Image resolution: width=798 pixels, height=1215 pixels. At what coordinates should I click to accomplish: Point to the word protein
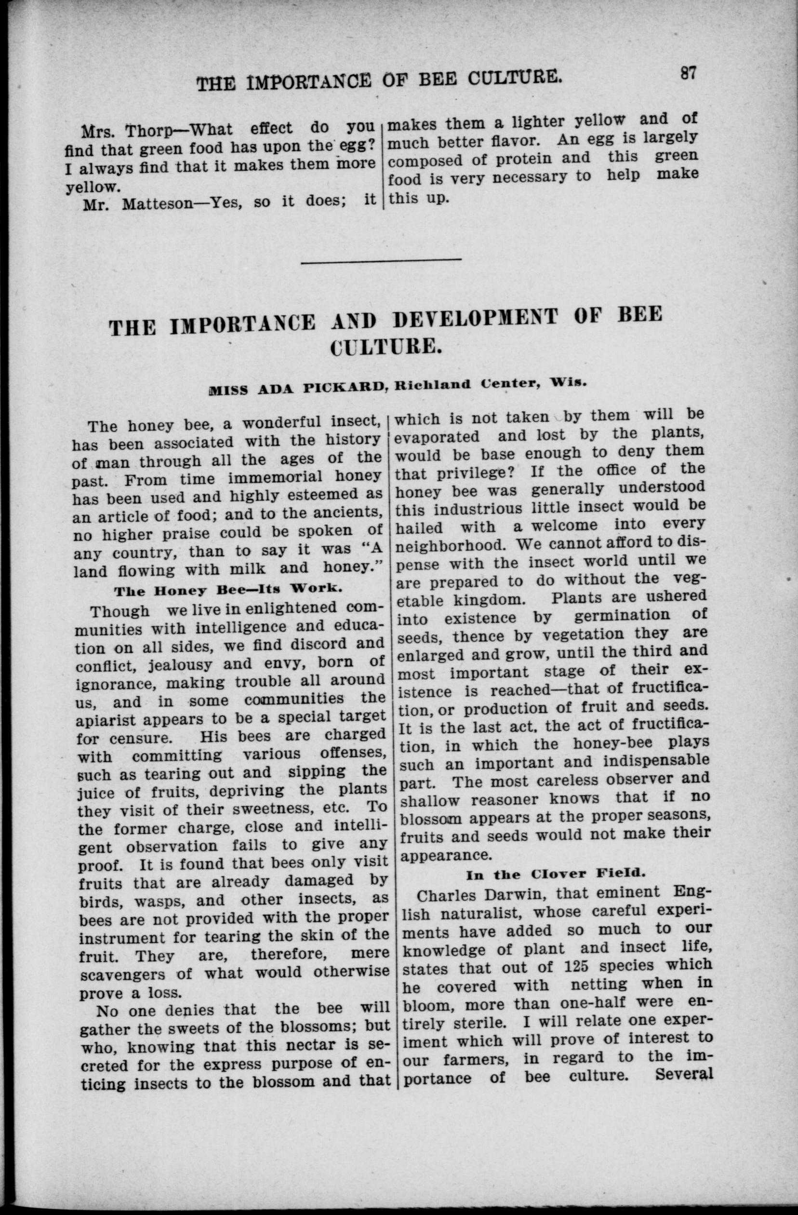[x=522, y=159]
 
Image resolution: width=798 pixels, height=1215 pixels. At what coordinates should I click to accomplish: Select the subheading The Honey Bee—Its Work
[x=227, y=590]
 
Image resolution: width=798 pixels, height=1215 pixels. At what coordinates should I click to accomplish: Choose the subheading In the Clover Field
[x=556, y=874]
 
